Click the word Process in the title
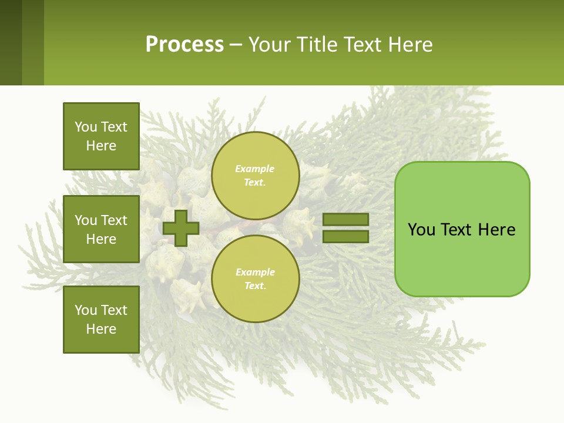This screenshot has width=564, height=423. click(184, 45)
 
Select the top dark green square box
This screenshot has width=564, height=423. click(101, 136)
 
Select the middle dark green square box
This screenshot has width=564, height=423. click(101, 229)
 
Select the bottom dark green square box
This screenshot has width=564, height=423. click(101, 320)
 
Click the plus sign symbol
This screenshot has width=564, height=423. click(181, 228)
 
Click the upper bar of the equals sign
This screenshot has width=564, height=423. click(345, 219)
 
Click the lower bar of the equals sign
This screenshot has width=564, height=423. click(345, 237)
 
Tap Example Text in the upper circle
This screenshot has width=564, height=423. click(255, 175)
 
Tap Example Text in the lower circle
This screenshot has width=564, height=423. click(255, 278)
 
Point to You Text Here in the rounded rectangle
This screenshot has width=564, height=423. click(462, 230)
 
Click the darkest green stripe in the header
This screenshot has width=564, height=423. click(11, 42)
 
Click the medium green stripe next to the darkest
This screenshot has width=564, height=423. click(33, 42)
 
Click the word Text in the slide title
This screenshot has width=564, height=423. click(362, 45)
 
